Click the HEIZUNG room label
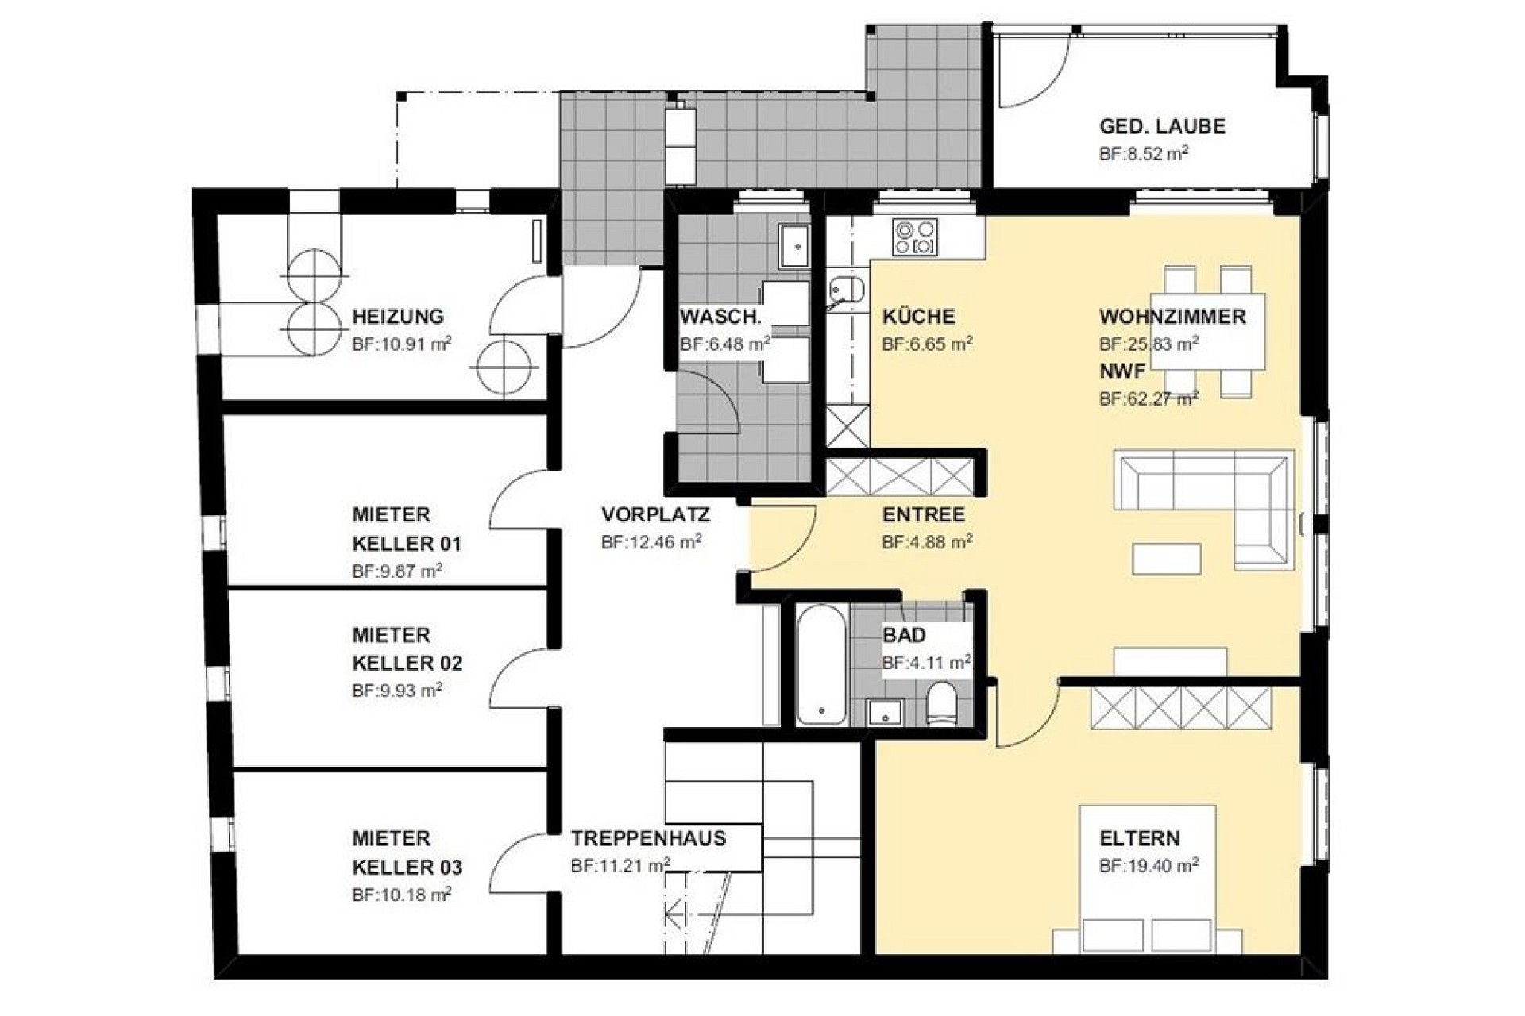click(x=398, y=317)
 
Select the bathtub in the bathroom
click(x=820, y=665)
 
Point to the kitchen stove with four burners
click(x=916, y=237)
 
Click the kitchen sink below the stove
click(x=847, y=291)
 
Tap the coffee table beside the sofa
click(x=1166, y=558)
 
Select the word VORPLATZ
click(x=655, y=514)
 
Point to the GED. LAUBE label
click(x=1162, y=126)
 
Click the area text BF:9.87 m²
click(x=397, y=571)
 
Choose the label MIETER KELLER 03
click(x=407, y=852)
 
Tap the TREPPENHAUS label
click(x=648, y=838)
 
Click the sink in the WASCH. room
click(x=793, y=246)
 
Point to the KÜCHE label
click(x=918, y=317)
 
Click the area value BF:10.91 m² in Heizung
click(x=402, y=344)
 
